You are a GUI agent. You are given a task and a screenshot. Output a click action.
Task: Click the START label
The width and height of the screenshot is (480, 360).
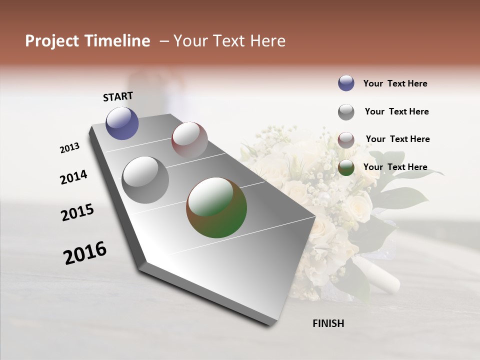[x=118, y=96]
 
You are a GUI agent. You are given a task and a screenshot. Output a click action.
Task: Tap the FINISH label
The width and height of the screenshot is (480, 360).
[x=328, y=323]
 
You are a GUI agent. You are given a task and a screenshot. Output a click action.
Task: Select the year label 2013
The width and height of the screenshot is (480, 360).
[x=70, y=148]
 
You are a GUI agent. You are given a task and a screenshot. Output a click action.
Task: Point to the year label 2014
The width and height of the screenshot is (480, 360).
[x=74, y=177]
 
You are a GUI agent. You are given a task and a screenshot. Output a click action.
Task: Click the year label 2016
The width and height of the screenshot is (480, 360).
[x=85, y=252]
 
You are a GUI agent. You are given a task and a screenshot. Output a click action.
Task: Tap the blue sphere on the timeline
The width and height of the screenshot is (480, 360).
[x=122, y=123]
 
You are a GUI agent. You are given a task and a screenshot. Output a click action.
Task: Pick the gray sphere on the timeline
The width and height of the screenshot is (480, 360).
[x=145, y=180]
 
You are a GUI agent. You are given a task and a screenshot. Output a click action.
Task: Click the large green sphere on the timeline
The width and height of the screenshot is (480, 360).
[x=216, y=207]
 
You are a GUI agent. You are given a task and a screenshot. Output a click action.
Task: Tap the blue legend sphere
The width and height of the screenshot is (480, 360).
[x=346, y=83]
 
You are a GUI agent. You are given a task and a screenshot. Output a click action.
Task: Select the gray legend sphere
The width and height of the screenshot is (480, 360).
[x=346, y=112]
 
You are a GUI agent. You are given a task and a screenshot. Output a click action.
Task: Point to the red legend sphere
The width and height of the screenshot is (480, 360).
[x=346, y=140]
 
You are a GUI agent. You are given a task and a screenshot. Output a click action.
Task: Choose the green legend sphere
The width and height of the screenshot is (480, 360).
[x=346, y=168]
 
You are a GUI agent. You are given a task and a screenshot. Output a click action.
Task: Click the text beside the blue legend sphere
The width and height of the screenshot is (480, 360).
[x=395, y=83]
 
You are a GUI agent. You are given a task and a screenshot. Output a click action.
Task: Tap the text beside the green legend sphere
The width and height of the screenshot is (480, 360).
[x=395, y=167]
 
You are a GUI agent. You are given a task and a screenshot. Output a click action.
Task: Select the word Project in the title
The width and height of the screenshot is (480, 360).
[x=51, y=41]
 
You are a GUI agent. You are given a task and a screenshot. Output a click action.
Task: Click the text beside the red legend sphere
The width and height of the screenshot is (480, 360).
[x=397, y=139]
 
